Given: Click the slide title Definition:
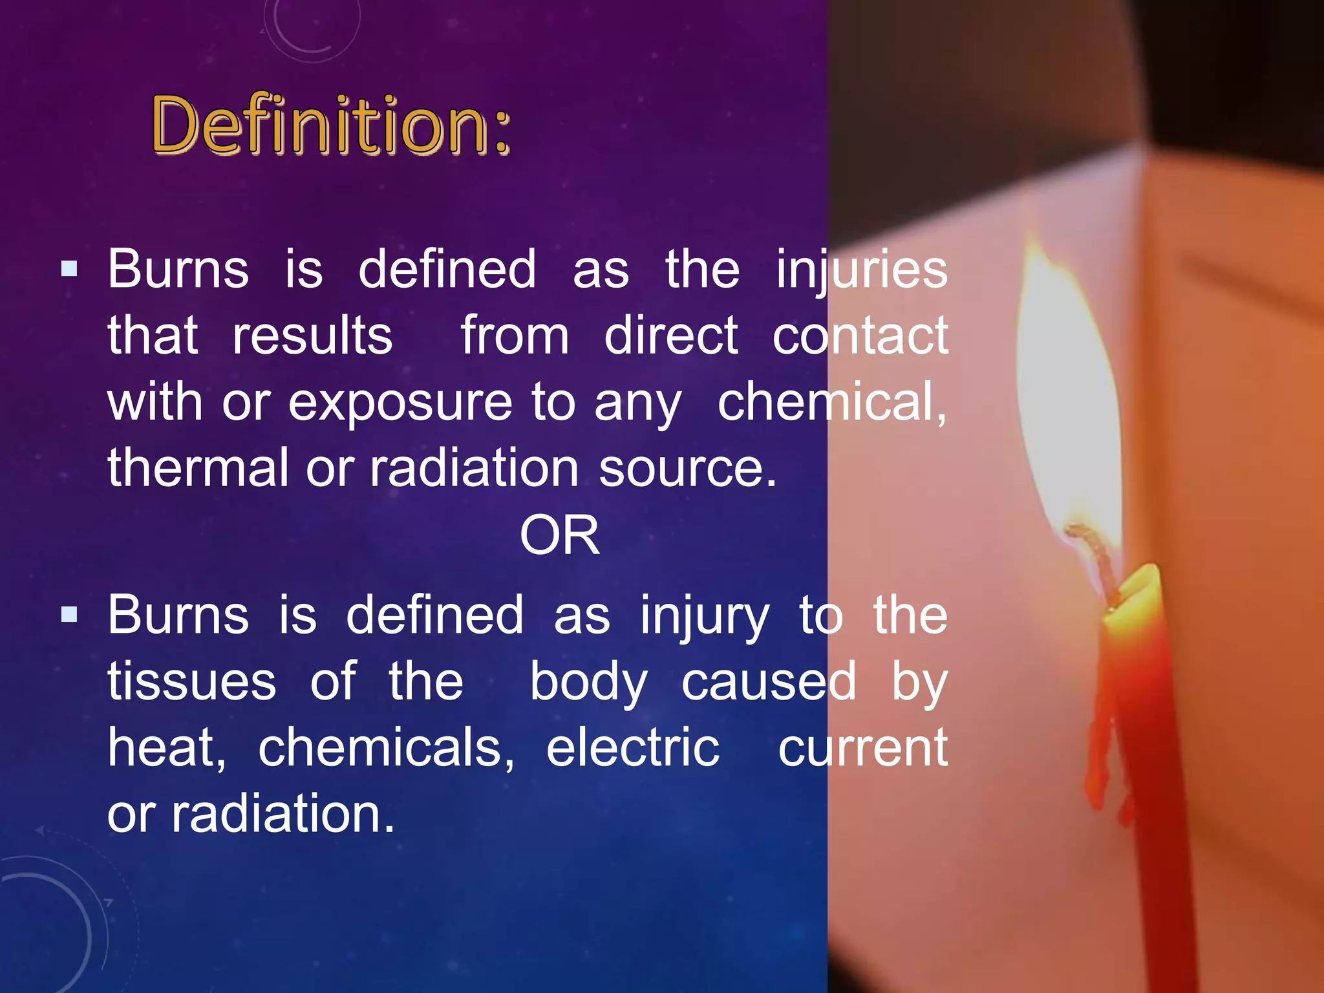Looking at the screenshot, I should (331, 124).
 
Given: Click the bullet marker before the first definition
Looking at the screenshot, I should (69, 269).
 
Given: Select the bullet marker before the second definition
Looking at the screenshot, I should (69, 614).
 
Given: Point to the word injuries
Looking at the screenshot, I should (862, 270).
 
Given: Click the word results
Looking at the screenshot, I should (312, 336).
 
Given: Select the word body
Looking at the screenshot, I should (588, 683).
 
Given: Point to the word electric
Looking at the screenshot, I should (633, 747).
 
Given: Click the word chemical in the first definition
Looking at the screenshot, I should (832, 402).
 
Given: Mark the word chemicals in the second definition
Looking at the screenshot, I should (387, 748).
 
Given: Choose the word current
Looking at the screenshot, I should (863, 749).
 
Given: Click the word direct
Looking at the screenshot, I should (671, 336).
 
